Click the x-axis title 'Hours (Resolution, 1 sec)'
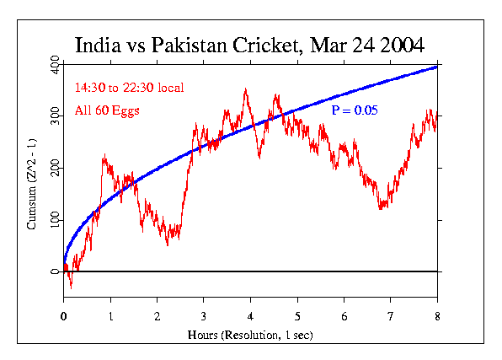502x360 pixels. pos(250,336)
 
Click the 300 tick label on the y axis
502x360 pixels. pos(54,117)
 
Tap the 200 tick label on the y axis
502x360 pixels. pos(54,169)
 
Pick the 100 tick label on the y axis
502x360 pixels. pos(54,220)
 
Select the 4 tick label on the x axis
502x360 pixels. pos(250,316)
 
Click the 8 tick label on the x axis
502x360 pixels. pos(437,316)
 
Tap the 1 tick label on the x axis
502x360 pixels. pos(110,316)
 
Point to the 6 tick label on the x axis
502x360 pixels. pos(344,316)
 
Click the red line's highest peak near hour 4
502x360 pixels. pos(246,89)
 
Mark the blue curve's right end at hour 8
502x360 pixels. pos(436,67)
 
